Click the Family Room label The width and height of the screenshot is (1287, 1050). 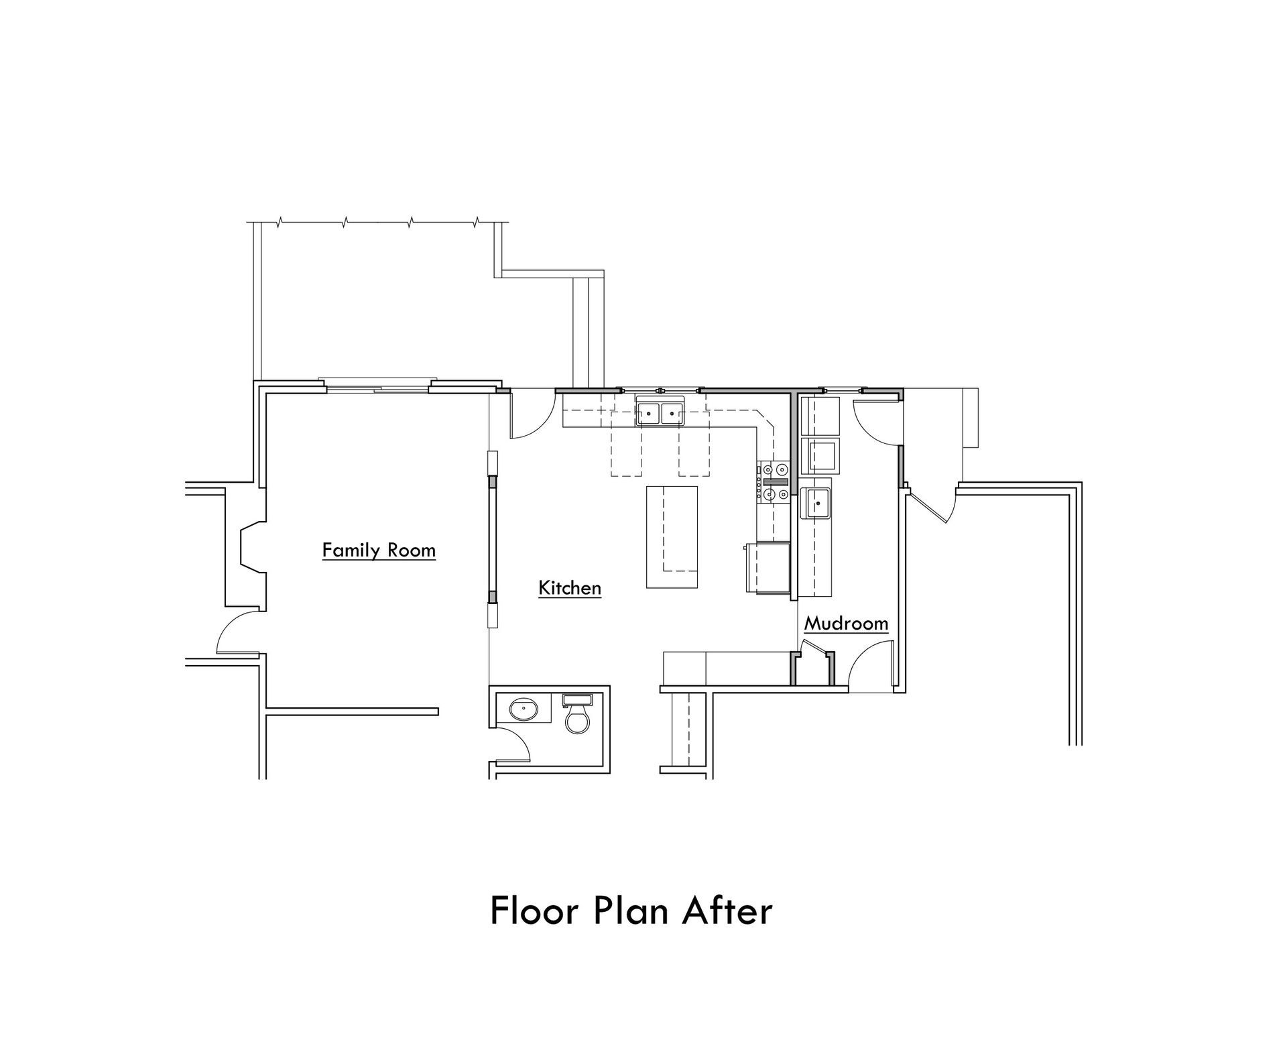(379, 550)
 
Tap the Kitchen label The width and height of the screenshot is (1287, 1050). (570, 588)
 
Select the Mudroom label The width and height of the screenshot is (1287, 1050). (846, 624)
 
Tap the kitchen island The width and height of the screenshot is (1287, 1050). (672, 537)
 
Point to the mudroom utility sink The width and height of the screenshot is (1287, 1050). (816, 503)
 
